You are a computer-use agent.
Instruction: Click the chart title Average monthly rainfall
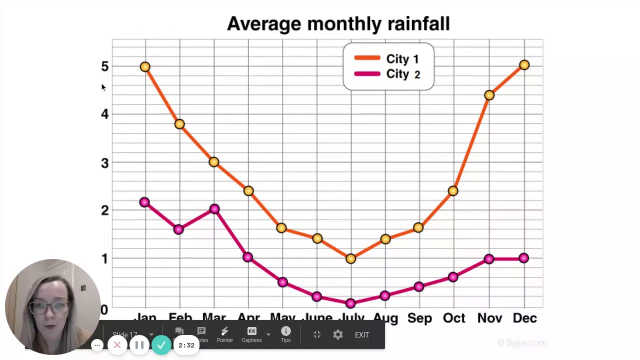(338, 24)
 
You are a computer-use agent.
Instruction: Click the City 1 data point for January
(145, 66)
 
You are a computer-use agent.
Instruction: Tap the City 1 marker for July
(350, 258)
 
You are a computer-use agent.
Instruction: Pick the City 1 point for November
(489, 95)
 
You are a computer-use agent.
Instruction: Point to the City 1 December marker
(524, 65)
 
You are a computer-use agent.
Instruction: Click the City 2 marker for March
(214, 209)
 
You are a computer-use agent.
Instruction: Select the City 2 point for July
(350, 303)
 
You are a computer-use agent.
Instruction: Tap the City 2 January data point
(144, 202)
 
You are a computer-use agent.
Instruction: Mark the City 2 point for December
(523, 258)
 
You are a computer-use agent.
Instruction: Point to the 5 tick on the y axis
(104, 66)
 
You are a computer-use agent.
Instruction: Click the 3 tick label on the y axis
(104, 163)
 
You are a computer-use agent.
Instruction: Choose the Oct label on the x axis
(454, 318)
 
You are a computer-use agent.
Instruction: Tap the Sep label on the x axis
(419, 318)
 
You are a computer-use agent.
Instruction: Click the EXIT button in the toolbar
(361, 335)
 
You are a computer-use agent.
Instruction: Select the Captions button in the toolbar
(251, 334)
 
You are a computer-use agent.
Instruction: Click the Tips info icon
(285, 331)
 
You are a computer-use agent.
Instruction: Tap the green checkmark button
(161, 345)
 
